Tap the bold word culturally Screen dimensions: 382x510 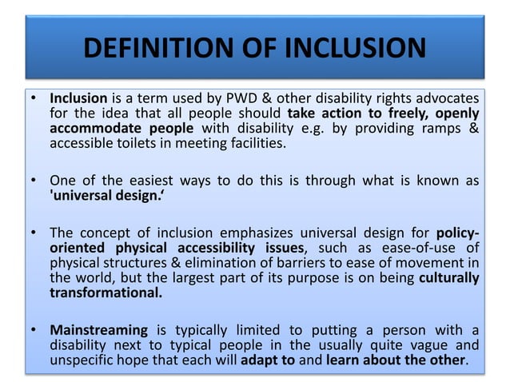tap(449, 278)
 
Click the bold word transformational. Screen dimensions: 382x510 tap(105, 293)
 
